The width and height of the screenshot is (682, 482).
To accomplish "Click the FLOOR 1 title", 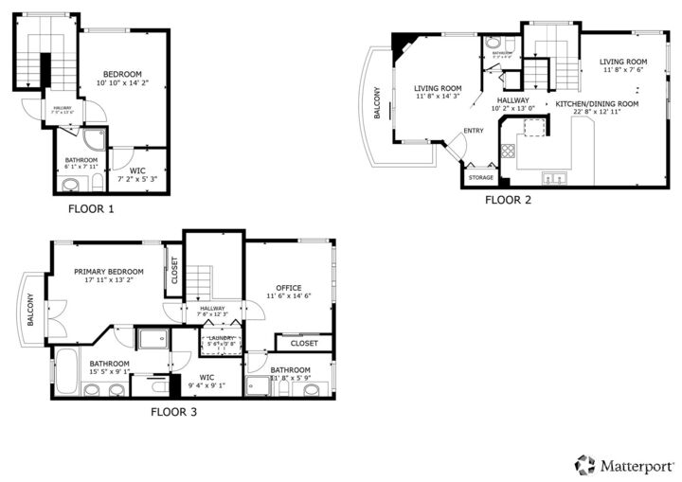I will [91, 208].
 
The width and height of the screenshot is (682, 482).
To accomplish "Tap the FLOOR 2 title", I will [509, 200].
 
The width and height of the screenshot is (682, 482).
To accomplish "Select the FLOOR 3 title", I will [174, 412].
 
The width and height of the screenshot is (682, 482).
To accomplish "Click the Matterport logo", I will [624, 465].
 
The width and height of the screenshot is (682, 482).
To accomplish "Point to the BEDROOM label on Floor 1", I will [122, 74].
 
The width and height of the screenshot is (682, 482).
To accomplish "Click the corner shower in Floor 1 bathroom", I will [95, 140].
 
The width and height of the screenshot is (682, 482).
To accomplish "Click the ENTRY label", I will [473, 131].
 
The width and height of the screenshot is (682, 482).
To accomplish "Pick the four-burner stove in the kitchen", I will [508, 150].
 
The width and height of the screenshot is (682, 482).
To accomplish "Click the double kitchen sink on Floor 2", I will [553, 177].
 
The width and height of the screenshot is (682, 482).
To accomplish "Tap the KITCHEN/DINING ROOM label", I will [597, 103].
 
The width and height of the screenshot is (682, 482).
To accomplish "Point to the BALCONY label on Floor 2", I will [377, 102].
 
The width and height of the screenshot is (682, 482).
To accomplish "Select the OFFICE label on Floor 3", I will [288, 287].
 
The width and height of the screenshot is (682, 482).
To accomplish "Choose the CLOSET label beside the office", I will [304, 343].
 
